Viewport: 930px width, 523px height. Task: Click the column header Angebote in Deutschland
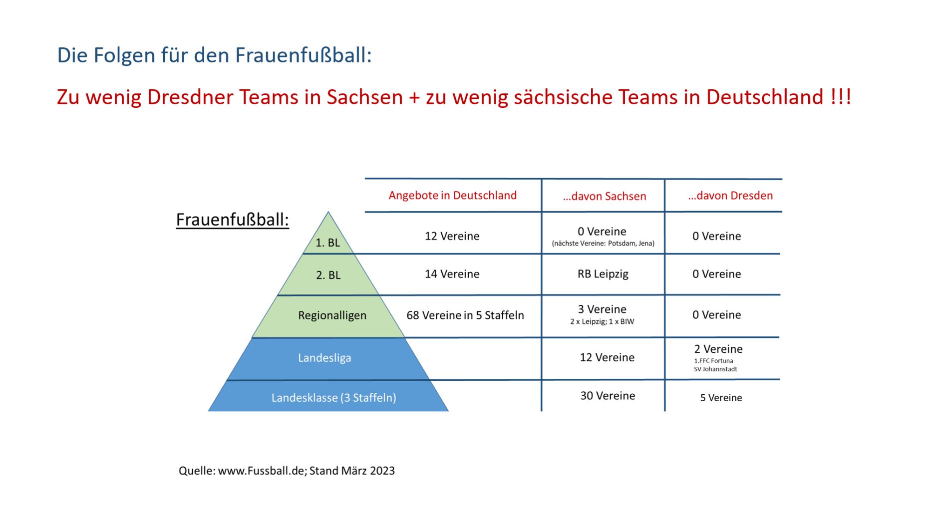point(452,195)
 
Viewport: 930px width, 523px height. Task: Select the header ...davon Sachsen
point(604,196)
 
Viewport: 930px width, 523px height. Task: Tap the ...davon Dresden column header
point(730,196)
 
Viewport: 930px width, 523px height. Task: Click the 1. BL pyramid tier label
point(327,243)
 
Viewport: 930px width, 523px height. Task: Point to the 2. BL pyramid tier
point(328,275)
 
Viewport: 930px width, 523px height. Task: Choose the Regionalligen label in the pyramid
point(332,315)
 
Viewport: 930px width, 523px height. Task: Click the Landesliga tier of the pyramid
point(324,358)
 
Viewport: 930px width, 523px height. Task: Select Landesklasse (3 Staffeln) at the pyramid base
point(333,398)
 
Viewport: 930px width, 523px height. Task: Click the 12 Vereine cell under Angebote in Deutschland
point(452,236)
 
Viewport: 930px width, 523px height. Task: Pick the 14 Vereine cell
point(452,274)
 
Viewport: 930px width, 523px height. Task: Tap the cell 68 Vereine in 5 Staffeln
point(465,315)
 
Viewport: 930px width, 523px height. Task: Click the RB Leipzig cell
point(603,274)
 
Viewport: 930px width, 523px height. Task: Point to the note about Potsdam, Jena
point(603,244)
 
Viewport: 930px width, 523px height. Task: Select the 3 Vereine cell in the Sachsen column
point(602,309)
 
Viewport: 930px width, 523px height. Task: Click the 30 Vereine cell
point(608,396)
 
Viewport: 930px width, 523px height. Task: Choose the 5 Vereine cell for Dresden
point(721,398)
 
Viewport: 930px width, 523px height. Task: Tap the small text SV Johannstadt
point(715,369)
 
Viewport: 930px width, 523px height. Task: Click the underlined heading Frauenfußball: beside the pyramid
point(232,220)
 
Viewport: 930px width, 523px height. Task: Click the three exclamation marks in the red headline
point(841,97)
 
